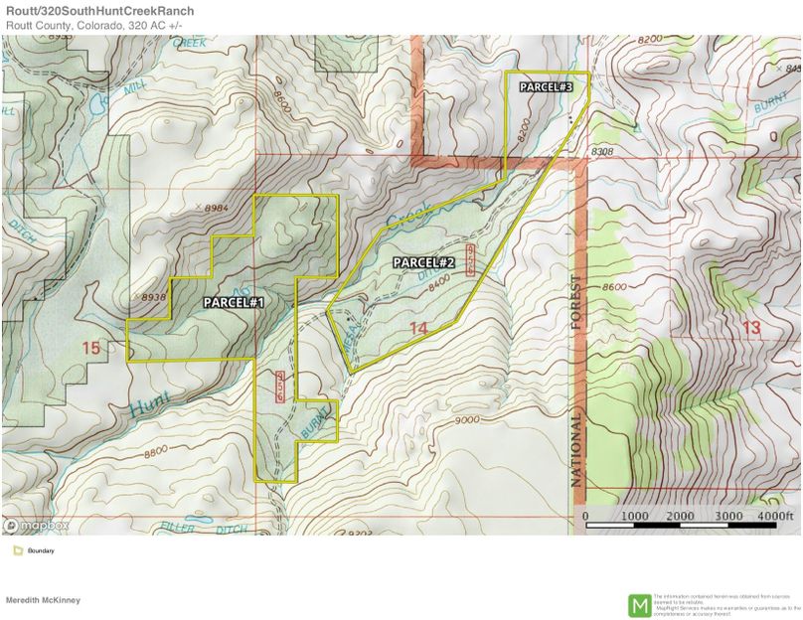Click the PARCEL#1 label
[x=235, y=301]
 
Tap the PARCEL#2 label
[x=423, y=262]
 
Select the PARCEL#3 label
[x=547, y=87]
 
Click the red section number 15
[x=91, y=348]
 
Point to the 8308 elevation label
[x=602, y=152]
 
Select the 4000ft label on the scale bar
[x=779, y=517]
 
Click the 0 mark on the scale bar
[x=584, y=517]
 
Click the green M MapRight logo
[x=639, y=604]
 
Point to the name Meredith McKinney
[x=43, y=600]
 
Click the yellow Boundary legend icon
[x=17, y=550]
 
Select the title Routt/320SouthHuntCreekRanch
[x=99, y=11]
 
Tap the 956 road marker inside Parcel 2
[x=471, y=257]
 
